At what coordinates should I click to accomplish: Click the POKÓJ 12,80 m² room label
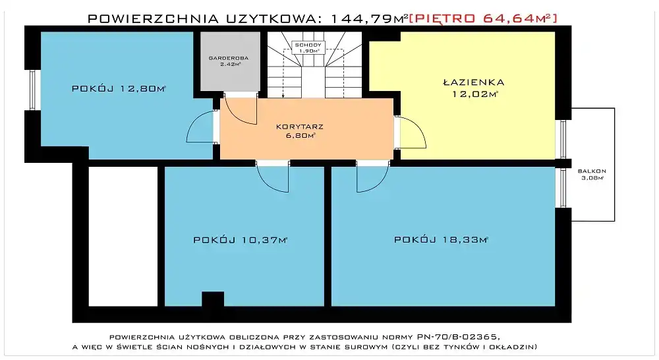[x=119, y=88]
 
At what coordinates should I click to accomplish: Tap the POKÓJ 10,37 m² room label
[x=241, y=240]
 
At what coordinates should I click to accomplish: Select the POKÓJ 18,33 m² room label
[x=441, y=239]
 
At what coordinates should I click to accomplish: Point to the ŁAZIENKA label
[x=474, y=82]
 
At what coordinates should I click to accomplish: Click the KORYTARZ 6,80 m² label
[x=300, y=131]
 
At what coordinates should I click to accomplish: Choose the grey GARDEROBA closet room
[x=230, y=61]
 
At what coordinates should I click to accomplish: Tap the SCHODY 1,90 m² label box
[x=308, y=47]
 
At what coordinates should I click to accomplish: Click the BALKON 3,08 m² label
[x=592, y=174]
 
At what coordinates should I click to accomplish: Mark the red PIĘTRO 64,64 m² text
[x=483, y=18]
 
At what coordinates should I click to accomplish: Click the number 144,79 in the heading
[x=361, y=18]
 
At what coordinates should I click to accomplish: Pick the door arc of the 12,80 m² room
[x=200, y=127]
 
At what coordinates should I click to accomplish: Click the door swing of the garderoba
[x=240, y=111]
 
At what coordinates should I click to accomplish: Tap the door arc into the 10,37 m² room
[x=272, y=177]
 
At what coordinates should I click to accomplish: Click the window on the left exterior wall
[x=32, y=90]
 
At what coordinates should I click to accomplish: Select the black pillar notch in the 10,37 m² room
[x=213, y=299]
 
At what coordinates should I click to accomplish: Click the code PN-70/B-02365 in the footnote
[x=458, y=337]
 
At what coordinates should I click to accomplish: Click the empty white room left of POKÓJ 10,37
[x=123, y=236]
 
